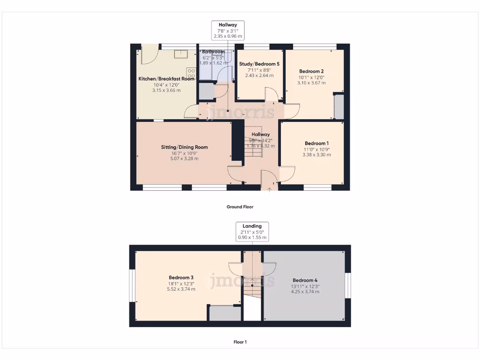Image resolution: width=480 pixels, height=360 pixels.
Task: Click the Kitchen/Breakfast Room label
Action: click(x=166, y=79)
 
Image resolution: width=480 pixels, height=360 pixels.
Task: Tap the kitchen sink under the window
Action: click(x=181, y=54)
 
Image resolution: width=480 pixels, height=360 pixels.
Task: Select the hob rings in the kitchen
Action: click(x=191, y=74)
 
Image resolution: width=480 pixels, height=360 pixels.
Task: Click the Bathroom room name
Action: click(x=213, y=52)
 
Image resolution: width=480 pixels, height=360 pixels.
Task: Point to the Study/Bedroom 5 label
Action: click(x=260, y=64)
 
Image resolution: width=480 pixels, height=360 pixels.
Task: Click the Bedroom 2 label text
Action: click(x=311, y=71)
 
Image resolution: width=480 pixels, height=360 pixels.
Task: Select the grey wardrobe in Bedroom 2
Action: click(x=338, y=107)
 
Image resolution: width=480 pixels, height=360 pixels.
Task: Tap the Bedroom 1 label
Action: click(x=316, y=143)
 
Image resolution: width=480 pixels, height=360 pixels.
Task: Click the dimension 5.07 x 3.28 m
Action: click(x=184, y=158)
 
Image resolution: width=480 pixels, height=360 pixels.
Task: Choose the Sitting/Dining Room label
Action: click(x=184, y=147)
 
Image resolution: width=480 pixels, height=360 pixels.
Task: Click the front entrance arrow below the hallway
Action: click(x=269, y=190)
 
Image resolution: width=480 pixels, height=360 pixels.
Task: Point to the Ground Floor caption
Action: click(x=240, y=207)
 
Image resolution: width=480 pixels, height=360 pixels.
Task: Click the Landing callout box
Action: click(x=252, y=232)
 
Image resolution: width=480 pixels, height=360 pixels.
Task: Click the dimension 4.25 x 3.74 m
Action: click(x=305, y=292)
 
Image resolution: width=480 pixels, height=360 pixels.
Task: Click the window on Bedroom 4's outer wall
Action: click(x=348, y=285)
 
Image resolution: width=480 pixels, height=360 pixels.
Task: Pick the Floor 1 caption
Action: click(x=240, y=342)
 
